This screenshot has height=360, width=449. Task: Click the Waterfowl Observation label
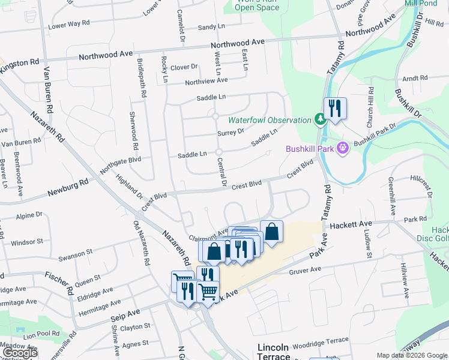268,120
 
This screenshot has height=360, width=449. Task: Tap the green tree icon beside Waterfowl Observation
321,120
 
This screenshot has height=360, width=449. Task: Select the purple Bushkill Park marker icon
343,147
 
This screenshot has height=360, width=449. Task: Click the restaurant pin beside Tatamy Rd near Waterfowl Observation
334,109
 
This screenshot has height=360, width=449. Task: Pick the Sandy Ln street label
211,27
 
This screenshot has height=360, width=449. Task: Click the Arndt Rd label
415,78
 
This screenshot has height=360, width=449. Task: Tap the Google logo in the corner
19,353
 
